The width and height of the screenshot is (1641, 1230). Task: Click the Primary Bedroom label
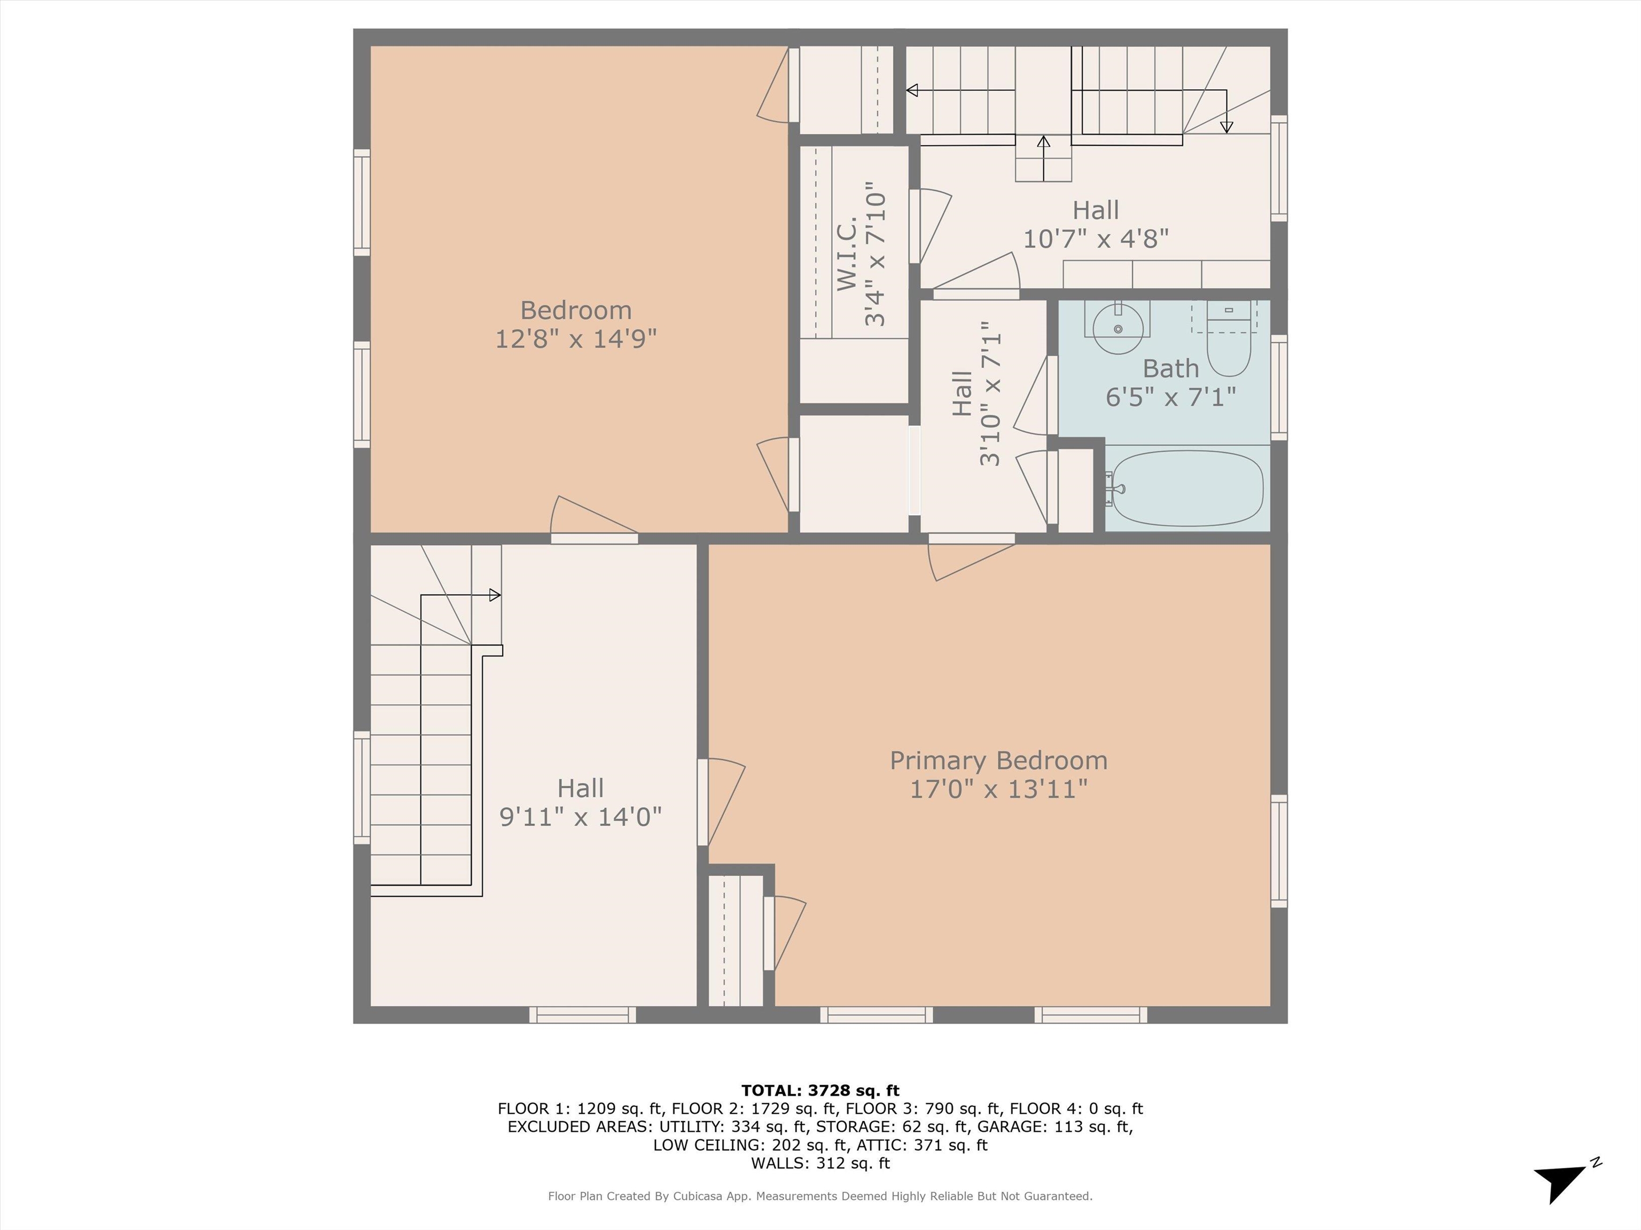pos(998,761)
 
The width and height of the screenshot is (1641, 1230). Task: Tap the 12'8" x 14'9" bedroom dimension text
pos(576,339)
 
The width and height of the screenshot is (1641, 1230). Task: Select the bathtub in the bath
pos(1186,488)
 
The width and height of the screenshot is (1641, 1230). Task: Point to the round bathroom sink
pos(1118,328)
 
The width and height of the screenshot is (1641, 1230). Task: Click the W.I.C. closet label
pos(847,253)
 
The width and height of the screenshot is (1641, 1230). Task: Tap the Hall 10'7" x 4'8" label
pos(1096,224)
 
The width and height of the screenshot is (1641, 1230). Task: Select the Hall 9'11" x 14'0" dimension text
pos(580,817)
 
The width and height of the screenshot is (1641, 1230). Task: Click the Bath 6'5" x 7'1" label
pos(1171,383)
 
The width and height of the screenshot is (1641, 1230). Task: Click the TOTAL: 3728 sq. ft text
pos(820,1091)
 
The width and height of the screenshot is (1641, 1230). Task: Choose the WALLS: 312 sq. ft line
pos(820,1163)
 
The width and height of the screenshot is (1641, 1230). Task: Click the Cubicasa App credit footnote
pos(820,1196)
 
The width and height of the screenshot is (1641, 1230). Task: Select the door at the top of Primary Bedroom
pos(972,556)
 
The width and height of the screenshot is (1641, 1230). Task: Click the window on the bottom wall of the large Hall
pos(582,1015)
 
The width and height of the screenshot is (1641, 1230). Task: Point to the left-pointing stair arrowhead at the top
pos(912,90)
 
